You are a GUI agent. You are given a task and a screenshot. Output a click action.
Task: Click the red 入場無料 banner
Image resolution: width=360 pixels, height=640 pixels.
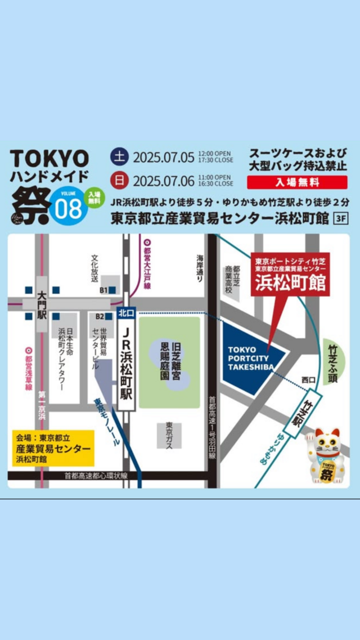297,182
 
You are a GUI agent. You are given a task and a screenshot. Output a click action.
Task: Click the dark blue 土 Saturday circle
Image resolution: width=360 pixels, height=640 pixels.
120,156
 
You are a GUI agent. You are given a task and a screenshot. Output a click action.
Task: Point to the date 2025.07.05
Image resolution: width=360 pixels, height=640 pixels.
164,156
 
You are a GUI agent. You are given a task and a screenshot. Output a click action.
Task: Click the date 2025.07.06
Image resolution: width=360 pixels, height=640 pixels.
164,181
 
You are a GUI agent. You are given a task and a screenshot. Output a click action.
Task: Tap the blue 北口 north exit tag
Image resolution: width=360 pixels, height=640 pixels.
125,312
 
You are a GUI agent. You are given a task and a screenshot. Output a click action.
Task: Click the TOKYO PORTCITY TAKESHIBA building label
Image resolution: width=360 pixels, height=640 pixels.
251,359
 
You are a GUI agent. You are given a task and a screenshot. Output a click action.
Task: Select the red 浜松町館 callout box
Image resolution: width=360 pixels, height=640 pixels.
290,274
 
